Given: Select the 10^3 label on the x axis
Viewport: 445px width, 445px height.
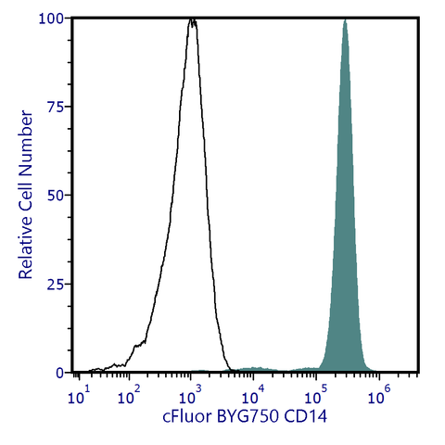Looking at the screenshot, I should point(192,397).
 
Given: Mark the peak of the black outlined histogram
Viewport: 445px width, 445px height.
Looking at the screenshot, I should point(192,19).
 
